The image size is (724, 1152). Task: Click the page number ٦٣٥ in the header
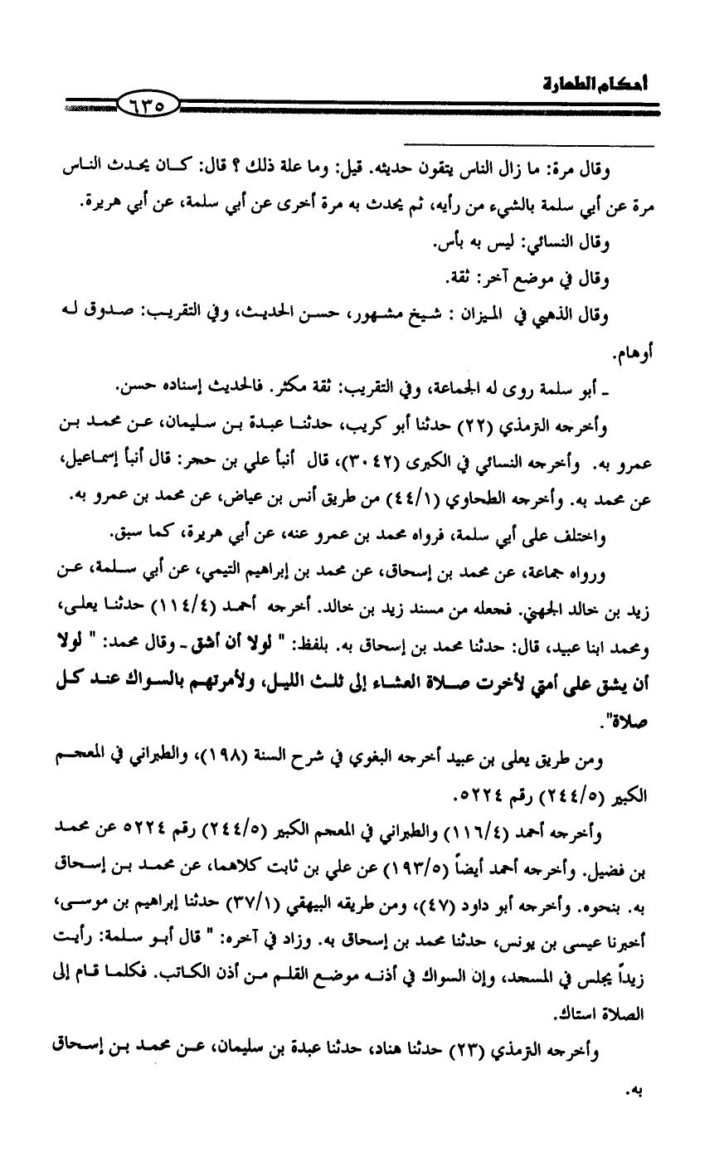[148, 105]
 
